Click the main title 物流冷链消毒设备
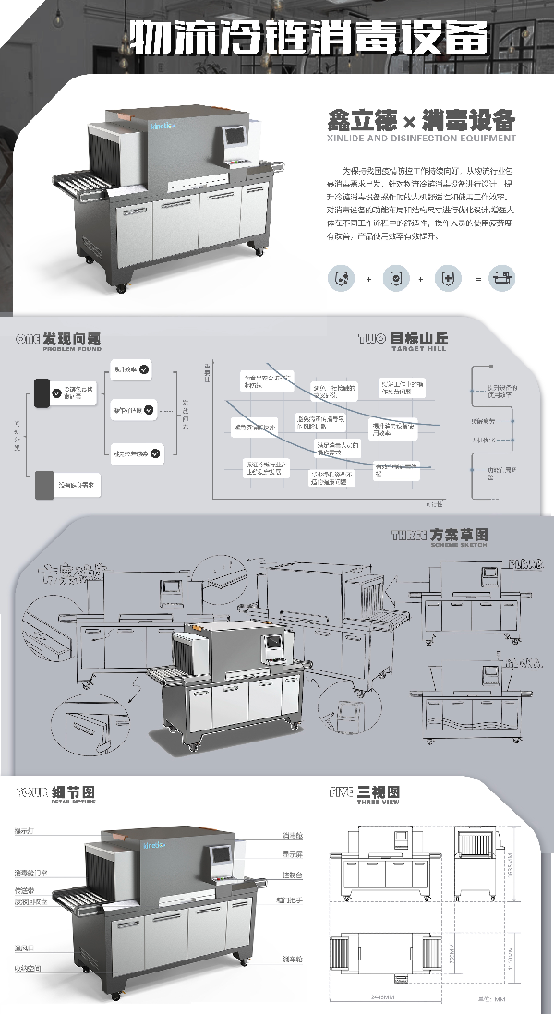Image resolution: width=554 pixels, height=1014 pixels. tap(308, 38)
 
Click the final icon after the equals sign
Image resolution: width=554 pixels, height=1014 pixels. tap(504, 277)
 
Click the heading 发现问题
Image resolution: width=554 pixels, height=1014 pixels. tap(78, 339)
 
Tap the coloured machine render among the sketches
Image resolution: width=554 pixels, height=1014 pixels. tap(236, 683)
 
